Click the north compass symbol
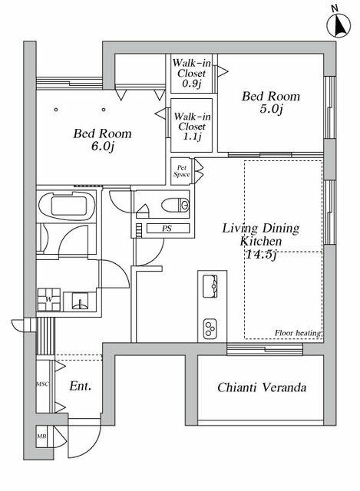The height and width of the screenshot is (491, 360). pos(339,25)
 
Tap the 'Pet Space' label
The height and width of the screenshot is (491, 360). pos(182,171)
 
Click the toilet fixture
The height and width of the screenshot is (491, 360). pos(176,206)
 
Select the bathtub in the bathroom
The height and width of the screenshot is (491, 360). pos(67,206)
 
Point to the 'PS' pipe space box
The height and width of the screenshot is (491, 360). pos(168,229)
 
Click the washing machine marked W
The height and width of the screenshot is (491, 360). pos(49,299)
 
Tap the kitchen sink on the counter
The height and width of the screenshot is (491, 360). pos(210,286)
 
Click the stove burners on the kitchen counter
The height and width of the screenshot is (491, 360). pos(210,329)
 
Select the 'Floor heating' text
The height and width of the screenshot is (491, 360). pos(298,333)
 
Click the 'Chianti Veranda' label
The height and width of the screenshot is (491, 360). pos(262,387)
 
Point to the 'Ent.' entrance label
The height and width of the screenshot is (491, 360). pos(80,386)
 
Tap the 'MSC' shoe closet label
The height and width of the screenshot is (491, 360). pos(43,384)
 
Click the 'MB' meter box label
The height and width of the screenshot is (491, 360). pos(41,436)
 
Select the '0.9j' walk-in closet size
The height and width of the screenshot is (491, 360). pos(191,84)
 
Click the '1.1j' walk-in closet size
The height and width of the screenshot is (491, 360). pos(192,137)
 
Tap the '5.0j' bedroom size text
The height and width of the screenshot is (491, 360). pos(271,109)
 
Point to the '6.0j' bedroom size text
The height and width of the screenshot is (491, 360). pos(102,147)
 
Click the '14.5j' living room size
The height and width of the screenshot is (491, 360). pos(261,255)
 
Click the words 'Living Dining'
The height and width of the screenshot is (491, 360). pos(261,229)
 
